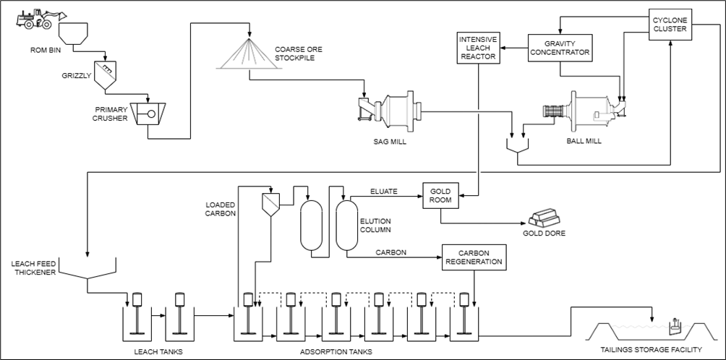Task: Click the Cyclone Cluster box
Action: point(670,25)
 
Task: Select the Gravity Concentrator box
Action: point(560,48)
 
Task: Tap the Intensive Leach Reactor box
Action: point(478,48)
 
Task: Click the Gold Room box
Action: point(440,196)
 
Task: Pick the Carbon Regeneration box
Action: point(474,257)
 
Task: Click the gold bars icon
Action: point(544,218)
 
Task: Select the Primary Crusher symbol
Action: point(148,113)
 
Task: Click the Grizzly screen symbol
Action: point(106,75)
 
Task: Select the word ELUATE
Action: point(384,191)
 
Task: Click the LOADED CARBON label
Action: point(221,209)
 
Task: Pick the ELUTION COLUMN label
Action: point(375,226)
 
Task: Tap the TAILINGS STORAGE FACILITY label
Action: point(651,349)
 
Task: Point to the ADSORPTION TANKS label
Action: point(336,351)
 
